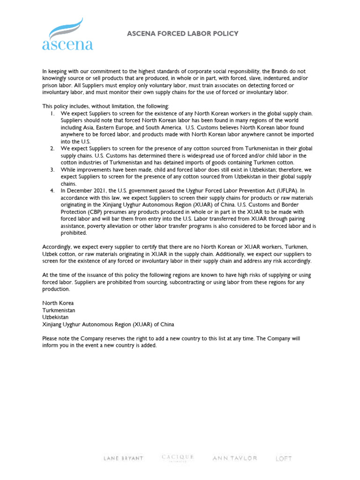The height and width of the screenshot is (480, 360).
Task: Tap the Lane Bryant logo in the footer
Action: [123, 458]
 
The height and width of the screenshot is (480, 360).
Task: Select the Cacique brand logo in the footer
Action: [177, 457]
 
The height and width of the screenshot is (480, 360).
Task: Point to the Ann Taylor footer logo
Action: [235, 458]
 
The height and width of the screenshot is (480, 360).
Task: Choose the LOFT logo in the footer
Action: [284, 458]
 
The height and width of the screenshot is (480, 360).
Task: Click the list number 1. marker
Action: [52, 113]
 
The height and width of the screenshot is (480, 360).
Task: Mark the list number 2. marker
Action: [52, 149]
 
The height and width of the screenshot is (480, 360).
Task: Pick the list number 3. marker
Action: [52, 170]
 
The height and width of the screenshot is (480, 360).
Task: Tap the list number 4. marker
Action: [52, 191]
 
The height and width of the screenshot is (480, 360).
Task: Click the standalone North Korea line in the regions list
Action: [58, 303]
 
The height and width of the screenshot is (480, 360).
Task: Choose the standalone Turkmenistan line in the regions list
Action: [59, 310]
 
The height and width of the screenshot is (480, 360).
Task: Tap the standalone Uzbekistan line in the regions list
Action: [56, 317]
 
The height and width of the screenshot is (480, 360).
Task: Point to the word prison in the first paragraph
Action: [50, 85]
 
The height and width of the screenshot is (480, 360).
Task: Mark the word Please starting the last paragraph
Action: [50, 338]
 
